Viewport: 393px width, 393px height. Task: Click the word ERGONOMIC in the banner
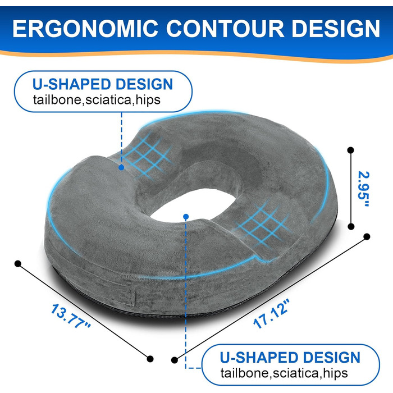point(85,28)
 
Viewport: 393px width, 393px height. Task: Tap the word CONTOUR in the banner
point(225,28)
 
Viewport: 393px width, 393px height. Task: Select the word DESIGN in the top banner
point(336,28)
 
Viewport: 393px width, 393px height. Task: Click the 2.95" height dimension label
point(364,189)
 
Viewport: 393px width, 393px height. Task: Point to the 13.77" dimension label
point(70,316)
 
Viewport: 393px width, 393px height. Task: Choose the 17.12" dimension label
point(271,313)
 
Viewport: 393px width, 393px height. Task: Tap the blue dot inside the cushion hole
point(186,217)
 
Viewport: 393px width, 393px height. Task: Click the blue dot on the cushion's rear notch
point(122,167)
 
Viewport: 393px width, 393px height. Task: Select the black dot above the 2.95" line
point(351,150)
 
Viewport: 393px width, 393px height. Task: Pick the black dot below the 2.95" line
point(351,227)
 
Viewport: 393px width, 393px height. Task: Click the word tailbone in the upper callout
point(57,100)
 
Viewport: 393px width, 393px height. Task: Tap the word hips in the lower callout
point(335,373)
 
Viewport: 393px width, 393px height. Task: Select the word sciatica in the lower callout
point(296,373)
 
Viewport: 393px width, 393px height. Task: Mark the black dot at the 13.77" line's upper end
point(18,264)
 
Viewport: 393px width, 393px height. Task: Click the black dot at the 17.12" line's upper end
point(367,236)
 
